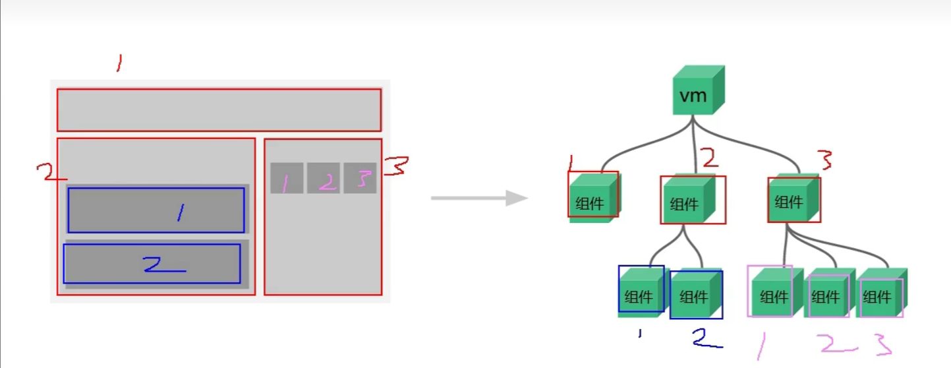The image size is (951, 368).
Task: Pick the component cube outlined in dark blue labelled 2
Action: tap(696, 295)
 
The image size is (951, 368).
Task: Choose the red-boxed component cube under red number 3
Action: tap(793, 199)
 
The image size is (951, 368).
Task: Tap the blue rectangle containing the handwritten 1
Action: tap(156, 210)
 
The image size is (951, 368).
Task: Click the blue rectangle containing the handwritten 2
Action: tap(152, 264)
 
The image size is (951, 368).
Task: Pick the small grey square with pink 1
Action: tap(287, 178)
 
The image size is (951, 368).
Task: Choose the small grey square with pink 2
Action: tap(323, 178)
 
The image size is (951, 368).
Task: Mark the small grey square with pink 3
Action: tap(360, 178)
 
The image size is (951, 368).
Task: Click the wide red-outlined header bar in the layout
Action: tap(219, 110)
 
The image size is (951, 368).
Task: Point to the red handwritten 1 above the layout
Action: tap(119, 63)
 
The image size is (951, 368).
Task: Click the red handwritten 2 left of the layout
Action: tap(47, 173)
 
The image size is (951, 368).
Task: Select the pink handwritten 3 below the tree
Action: tap(882, 344)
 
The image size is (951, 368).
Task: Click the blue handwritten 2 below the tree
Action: tap(706, 338)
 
